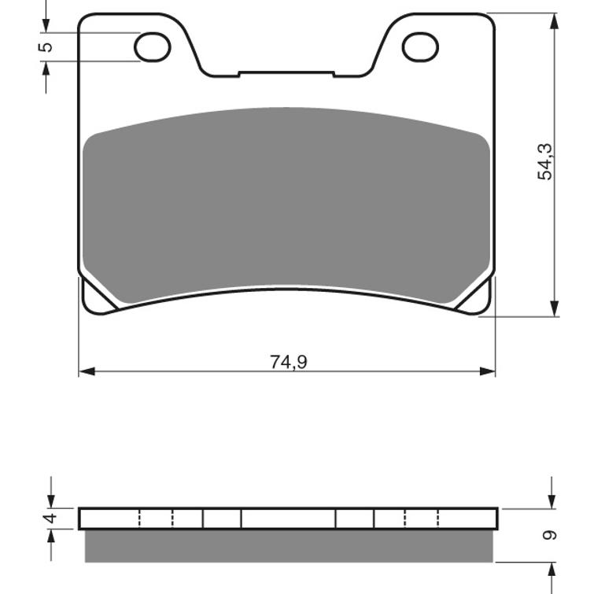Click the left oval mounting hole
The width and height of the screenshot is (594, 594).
click(153, 46)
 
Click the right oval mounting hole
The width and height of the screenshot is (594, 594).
click(420, 46)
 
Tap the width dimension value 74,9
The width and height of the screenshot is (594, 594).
click(288, 362)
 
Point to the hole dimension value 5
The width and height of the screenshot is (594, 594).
click(46, 46)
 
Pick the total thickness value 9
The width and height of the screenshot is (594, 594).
click(550, 535)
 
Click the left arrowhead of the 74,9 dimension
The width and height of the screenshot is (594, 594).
click(86, 371)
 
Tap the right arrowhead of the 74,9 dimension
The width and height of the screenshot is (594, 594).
click(489, 371)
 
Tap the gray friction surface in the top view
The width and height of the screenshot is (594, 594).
click(288, 205)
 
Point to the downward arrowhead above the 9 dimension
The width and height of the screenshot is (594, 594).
click(552, 500)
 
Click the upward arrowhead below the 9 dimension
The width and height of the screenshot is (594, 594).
click(552, 570)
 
